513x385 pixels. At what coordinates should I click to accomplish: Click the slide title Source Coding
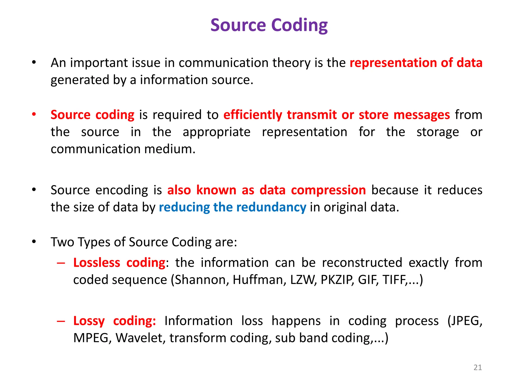coord(269,25)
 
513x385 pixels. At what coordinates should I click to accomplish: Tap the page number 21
coord(478,367)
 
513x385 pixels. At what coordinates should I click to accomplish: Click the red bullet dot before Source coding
coord(34,115)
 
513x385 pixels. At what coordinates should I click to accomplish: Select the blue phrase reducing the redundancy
coord(232,207)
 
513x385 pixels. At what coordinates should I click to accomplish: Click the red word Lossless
coord(97,263)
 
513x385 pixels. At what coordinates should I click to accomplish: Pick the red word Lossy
coord(89,321)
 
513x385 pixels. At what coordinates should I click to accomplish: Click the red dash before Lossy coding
coord(61,321)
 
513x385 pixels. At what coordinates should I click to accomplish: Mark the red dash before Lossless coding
coord(61,263)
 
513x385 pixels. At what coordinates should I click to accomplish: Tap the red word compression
coord(328,190)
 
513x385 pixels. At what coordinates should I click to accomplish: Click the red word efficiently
coord(253,115)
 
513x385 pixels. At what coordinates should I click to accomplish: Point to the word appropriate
coord(216,132)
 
